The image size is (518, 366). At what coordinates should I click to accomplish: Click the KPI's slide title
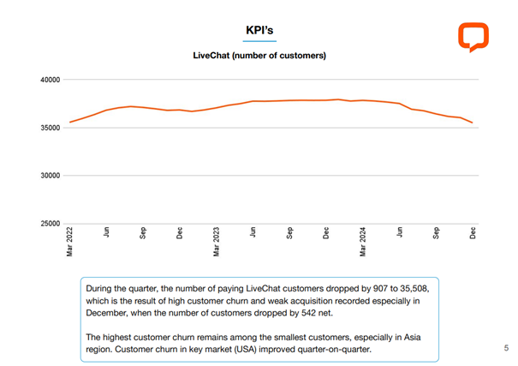(259, 30)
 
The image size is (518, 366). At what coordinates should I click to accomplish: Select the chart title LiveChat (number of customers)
(259, 56)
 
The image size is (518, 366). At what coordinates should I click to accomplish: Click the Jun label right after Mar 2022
(107, 233)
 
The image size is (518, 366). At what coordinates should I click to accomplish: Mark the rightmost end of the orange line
(473, 123)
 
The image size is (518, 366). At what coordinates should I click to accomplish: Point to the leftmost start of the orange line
(70, 122)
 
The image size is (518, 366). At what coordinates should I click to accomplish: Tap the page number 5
(506, 348)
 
